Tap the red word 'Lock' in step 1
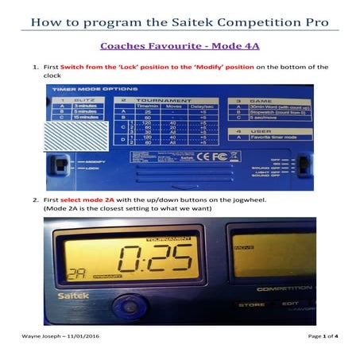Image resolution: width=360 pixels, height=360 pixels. [x=132, y=67]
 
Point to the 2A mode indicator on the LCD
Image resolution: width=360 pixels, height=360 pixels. [x=76, y=270]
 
